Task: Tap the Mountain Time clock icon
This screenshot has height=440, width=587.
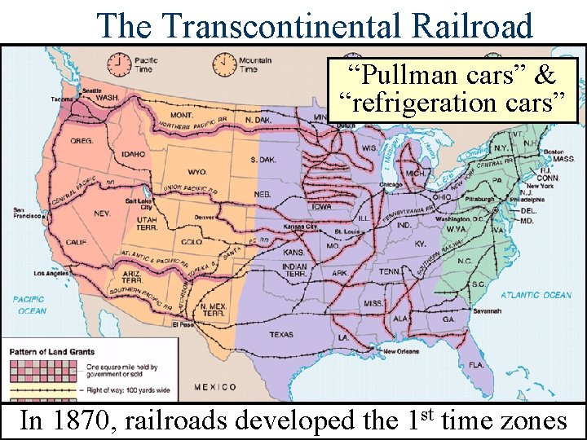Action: coord(222,63)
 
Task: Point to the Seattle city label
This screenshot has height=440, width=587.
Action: coord(91,90)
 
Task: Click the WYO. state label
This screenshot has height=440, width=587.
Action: coord(197,172)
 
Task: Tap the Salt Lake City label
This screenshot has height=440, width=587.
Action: coord(138,204)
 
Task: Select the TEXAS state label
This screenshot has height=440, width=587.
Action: coord(280,334)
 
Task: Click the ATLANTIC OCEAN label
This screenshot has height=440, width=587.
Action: coord(536,295)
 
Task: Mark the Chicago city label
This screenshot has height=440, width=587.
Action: coord(391,184)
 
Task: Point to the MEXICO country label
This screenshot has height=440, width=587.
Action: coord(215,387)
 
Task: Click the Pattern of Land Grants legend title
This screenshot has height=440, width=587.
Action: coord(52,352)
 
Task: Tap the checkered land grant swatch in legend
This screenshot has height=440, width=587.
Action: coord(45,371)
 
